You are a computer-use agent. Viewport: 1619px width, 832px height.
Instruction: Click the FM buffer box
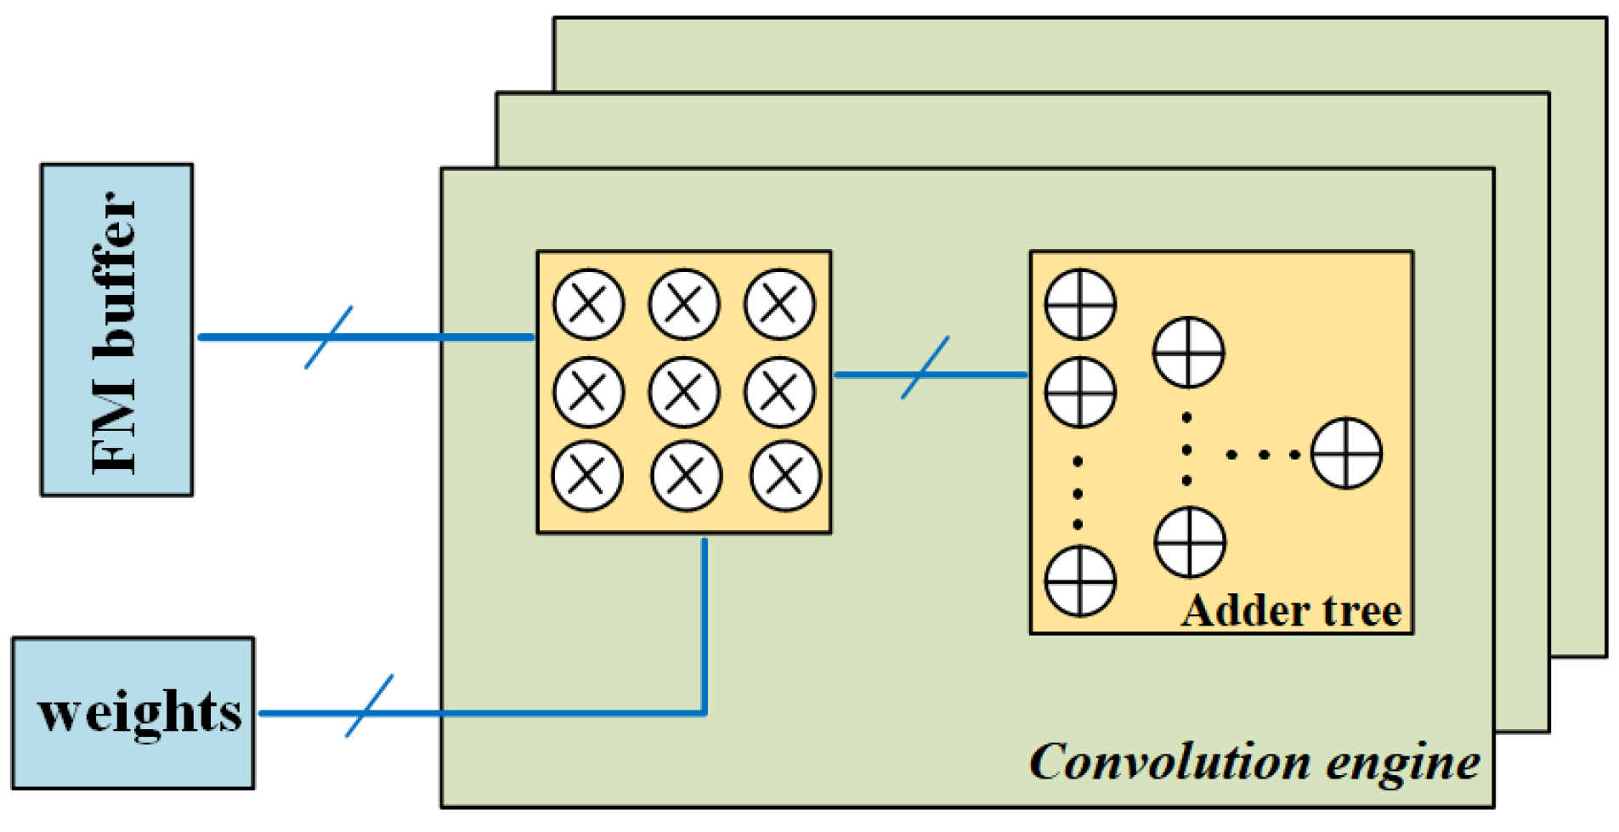pos(116,330)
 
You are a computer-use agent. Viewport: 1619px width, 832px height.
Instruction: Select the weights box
pos(133,712)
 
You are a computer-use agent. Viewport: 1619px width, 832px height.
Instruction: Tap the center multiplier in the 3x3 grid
pos(683,392)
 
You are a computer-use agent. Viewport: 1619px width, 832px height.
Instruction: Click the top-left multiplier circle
pos(588,304)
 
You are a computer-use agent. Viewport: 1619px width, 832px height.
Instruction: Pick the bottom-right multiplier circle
pos(785,476)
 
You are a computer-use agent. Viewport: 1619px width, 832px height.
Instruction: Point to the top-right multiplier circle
pos(779,304)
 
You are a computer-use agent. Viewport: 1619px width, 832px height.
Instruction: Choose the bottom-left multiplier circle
pos(587,476)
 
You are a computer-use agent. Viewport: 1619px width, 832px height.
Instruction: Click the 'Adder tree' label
pos(1291,610)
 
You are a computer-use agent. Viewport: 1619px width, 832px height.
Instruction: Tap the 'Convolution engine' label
pos(1254,762)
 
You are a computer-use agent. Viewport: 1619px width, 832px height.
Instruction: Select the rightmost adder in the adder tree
pos(1346,453)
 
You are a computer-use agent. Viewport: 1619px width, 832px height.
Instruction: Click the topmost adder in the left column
pos(1079,304)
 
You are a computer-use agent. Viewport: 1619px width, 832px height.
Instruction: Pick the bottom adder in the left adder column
pos(1079,581)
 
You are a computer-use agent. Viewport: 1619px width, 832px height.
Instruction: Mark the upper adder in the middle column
pos(1188,353)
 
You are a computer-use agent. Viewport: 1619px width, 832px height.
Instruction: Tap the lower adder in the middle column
pos(1190,542)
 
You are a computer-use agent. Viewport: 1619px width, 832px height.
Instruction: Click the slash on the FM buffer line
pos(329,337)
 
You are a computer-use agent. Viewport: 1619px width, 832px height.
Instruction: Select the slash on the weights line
pos(370,706)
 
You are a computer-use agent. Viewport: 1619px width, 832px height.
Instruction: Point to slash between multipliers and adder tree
pos(926,368)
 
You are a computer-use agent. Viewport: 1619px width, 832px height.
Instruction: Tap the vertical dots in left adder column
pos(1078,493)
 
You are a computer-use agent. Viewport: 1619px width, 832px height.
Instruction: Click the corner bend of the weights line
pos(705,712)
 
